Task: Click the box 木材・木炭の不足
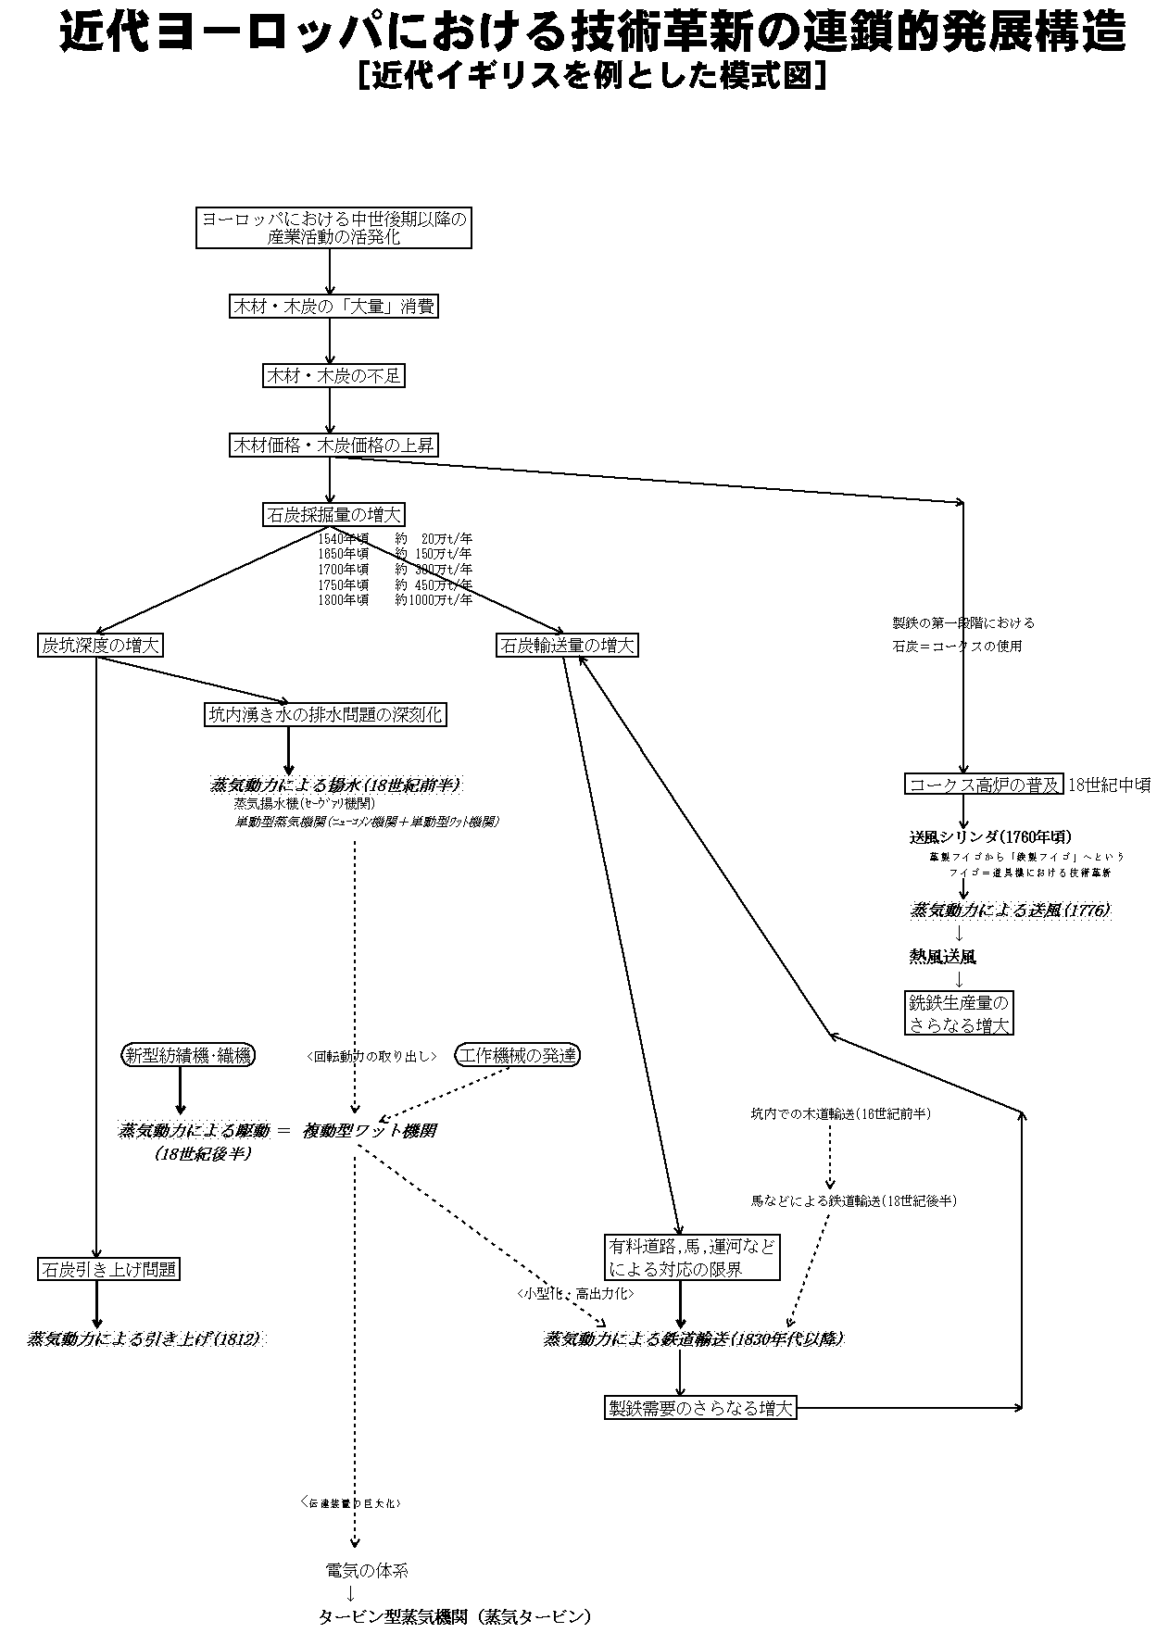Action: [333, 376]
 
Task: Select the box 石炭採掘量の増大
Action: [333, 514]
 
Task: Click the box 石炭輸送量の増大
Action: [567, 646]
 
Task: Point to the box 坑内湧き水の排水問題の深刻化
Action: [325, 714]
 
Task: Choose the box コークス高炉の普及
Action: [983, 785]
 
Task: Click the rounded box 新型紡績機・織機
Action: [188, 1055]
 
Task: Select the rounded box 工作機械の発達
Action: [518, 1055]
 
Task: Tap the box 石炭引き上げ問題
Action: [108, 1269]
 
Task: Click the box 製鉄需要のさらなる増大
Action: [700, 1408]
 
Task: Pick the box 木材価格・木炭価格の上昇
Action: [333, 446]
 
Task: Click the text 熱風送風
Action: [942, 957]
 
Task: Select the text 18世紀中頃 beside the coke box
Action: [1109, 785]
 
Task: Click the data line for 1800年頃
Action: [395, 600]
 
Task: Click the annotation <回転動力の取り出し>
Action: [371, 1056]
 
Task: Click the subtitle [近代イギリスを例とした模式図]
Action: [591, 76]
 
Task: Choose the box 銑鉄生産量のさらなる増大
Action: [959, 1014]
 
